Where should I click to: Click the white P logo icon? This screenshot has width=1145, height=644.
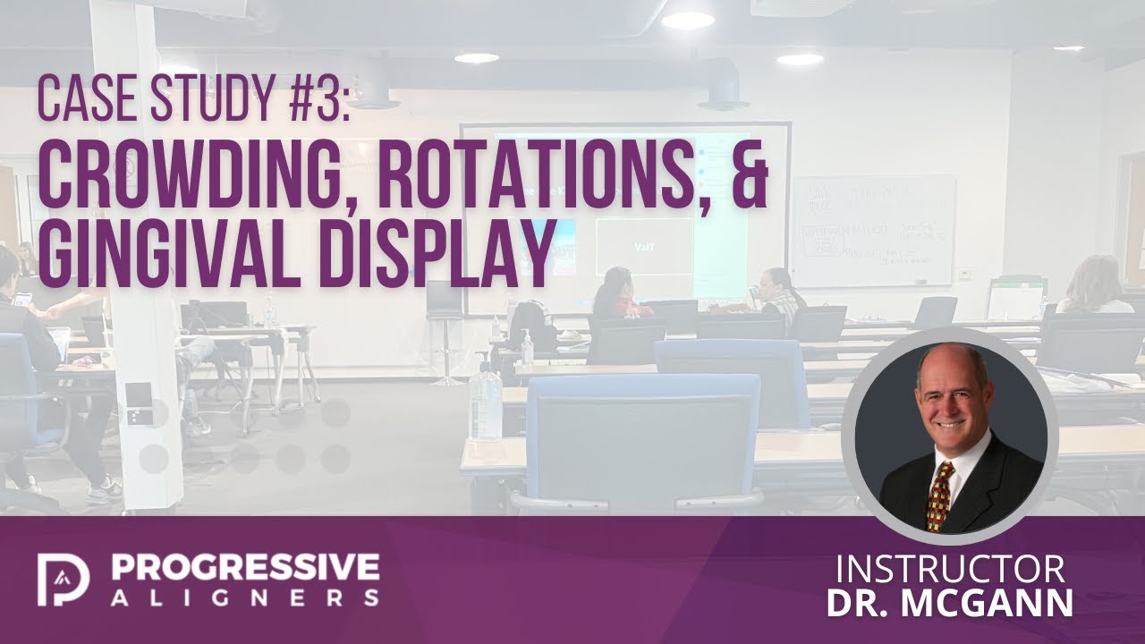[64, 580]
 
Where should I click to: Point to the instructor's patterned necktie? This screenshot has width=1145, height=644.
[940, 496]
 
